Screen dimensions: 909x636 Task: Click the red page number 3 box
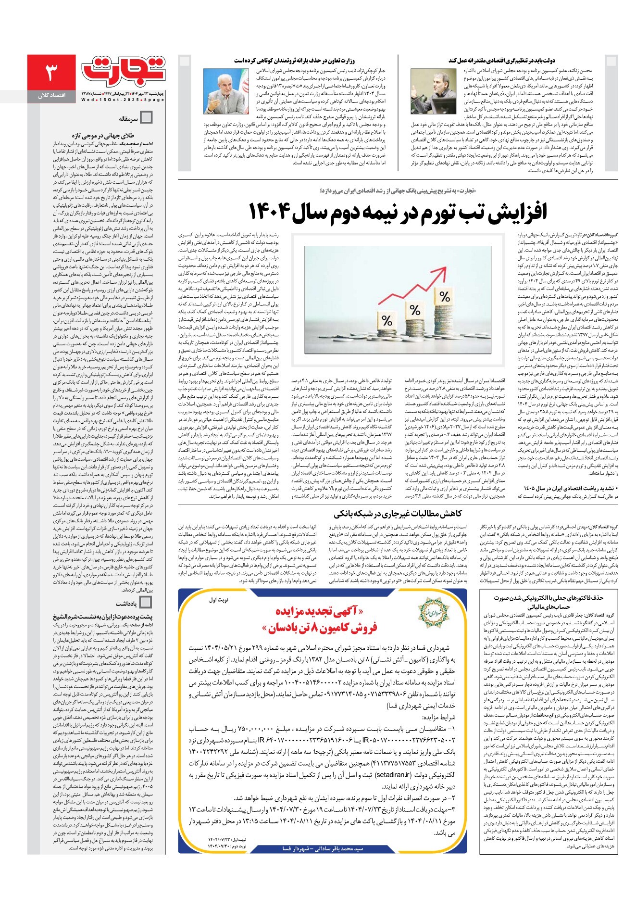click(x=51, y=73)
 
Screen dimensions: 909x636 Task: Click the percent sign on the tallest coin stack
click(x=445, y=296)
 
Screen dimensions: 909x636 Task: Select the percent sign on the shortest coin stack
click(x=387, y=320)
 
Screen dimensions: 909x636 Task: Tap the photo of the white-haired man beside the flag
click(x=226, y=91)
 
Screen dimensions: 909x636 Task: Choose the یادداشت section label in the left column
click(x=126, y=603)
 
